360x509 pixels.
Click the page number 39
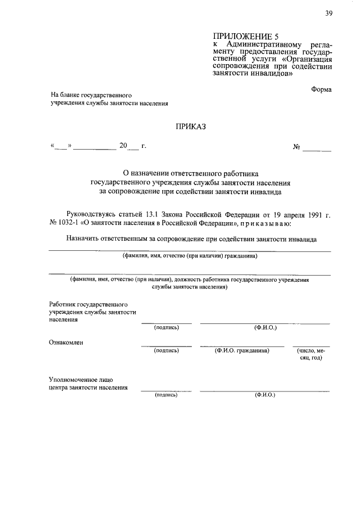(x=328, y=15)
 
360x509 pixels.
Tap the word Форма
(x=321, y=89)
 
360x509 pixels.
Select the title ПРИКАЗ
(x=191, y=127)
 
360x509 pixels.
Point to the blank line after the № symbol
(x=318, y=150)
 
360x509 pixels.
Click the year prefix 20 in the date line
(x=124, y=146)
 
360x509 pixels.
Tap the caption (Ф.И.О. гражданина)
(x=242, y=350)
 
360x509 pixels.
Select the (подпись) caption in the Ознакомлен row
(x=166, y=350)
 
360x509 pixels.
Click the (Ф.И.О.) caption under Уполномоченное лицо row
(x=264, y=395)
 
